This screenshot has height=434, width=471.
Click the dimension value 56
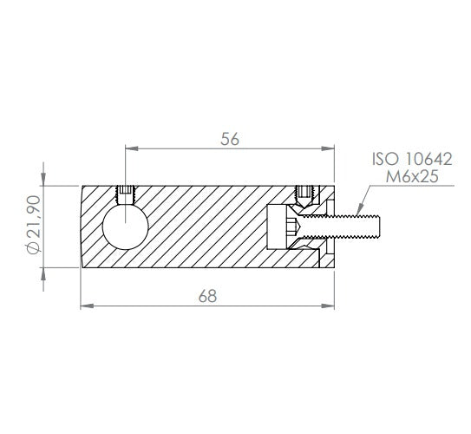(x=230, y=139)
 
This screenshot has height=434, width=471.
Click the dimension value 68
(x=207, y=296)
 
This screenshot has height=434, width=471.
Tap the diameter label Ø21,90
(x=33, y=224)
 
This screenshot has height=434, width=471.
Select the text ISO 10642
(x=412, y=159)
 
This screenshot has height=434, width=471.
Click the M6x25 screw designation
(x=412, y=176)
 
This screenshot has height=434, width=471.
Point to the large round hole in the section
(x=125, y=227)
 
